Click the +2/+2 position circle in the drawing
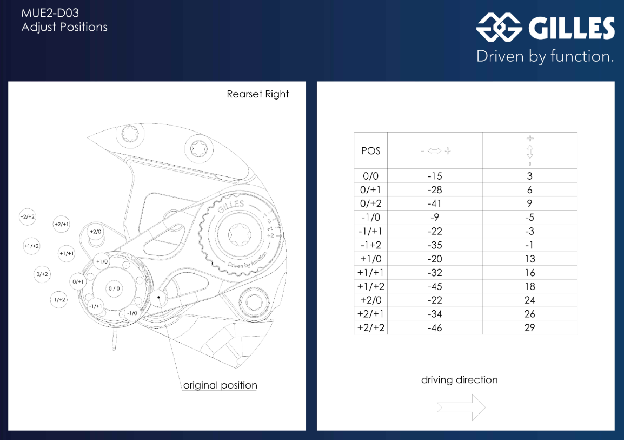[28, 217]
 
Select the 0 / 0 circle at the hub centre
[114, 288]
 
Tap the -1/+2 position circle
[58, 299]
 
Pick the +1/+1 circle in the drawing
[67, 253]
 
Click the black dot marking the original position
[158, 297]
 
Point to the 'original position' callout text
[220, 385]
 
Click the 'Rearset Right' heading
[258, 94]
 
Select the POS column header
[371, 150]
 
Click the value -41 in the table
[435, 203]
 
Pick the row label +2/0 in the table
[371, 300]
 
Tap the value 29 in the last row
[529, 327]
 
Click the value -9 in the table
[435, 218]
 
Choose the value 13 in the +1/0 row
[529, 259]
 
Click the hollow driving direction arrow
[461, 407]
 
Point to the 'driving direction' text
[459, 380]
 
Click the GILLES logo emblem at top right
[499, 28]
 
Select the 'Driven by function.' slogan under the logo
[545, 56]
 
